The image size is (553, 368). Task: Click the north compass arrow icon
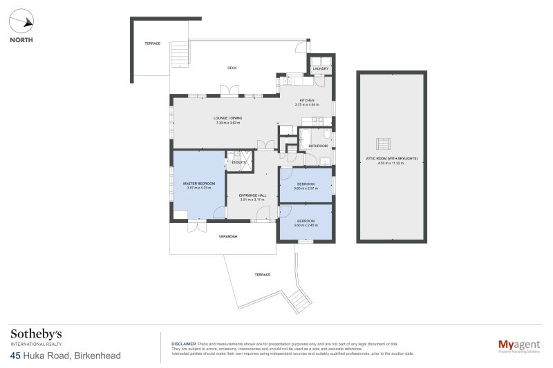[x=26, y=22]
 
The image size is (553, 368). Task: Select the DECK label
[x=232, y=68]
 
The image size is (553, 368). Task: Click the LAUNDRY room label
[x=319, y=69]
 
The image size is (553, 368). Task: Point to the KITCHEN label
[x=306, y=100]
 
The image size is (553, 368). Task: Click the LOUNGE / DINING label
[x=227, y=118]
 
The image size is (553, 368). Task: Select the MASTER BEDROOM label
[x=198, y=183]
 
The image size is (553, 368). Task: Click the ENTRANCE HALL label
[x=252, y=195]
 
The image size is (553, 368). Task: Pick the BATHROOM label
[x=318, y=146]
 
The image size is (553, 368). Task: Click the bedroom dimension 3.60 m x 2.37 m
[x=306, y=188]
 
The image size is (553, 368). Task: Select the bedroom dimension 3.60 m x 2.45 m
[x=306, y=225]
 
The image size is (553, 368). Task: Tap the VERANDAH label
[x=228, y=237]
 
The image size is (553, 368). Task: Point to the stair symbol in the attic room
[x=382, y=144]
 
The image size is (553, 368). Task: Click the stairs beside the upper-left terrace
[x=178, y=52]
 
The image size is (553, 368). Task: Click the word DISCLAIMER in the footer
[x=184, y=343]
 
